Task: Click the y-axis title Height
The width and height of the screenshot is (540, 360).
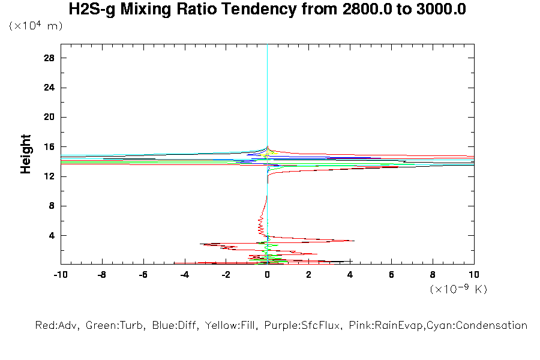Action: (26, 154)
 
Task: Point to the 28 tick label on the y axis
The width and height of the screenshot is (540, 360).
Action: (50, 58)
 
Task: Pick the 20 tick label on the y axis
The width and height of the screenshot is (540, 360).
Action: (50, 117)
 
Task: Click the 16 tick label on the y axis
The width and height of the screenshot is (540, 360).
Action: (50, 147)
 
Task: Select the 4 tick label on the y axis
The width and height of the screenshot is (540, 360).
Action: (52, 236)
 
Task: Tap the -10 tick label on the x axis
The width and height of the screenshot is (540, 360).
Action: (60, 275)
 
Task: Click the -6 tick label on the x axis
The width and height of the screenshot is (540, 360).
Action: (143, 275)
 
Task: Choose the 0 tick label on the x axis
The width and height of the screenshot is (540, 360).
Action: (267, 275)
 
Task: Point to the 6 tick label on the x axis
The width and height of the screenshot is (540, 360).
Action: (391, 275)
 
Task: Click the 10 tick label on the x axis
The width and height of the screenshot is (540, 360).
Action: (474, 275)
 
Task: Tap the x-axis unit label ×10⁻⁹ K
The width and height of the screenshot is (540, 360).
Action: (458, 289)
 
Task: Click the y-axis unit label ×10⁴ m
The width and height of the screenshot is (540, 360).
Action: (36, 26)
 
